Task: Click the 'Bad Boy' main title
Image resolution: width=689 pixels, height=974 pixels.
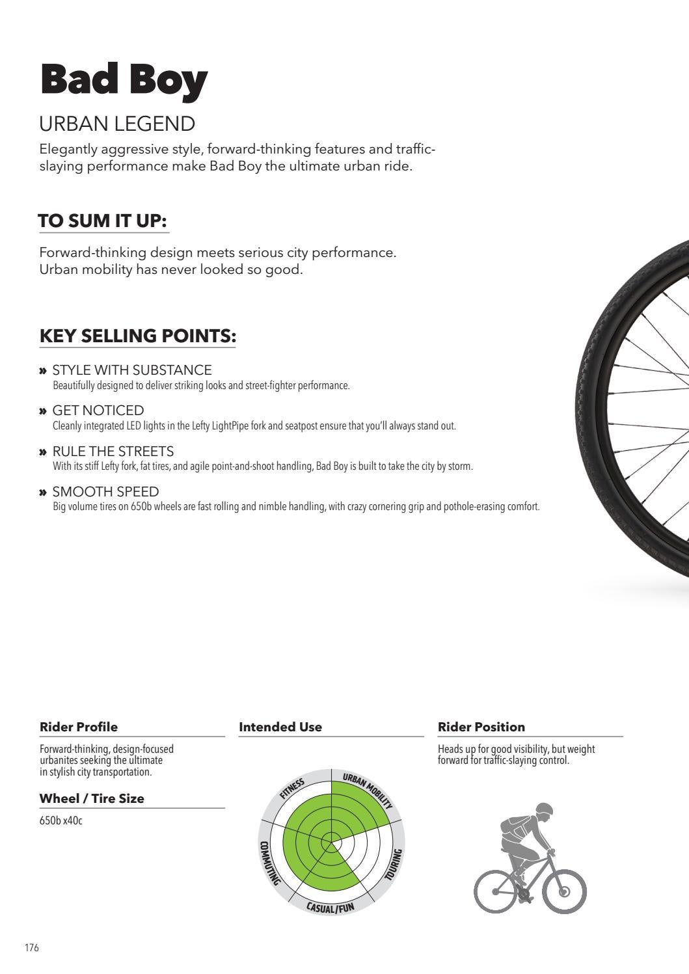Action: click(124, 81)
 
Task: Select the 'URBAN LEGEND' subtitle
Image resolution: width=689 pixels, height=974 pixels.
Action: click(117, 124)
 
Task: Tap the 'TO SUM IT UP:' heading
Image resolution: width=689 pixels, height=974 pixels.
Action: click(103, 221)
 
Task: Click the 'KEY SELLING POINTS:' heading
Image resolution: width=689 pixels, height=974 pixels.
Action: click(137, 336)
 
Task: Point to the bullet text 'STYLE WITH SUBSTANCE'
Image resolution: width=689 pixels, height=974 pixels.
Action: click(132, 370)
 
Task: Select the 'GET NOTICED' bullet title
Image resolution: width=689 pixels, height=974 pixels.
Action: click(98, 411)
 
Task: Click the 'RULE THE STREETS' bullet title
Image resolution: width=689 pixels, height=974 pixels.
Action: click(113, 452)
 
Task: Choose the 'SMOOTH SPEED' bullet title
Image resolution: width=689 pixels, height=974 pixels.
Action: click(105, 492)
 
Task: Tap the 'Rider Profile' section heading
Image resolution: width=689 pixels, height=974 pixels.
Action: click(79, 727)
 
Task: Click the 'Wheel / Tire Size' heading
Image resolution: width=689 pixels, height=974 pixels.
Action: click(92, 798)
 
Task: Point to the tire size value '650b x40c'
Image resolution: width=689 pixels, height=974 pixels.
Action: click(61, 820)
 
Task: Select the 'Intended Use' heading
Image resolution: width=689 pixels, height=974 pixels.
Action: click(280, 727)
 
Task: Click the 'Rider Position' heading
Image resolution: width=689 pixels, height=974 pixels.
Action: click(481, 727)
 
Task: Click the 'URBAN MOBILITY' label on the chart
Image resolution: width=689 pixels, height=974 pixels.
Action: click(368, 789)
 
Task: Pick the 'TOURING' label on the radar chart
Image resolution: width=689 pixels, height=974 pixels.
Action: click(394, 865)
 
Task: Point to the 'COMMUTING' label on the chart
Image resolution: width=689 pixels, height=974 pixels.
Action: click(269, 863)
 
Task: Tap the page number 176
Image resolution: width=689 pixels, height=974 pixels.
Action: click(32, 948)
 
